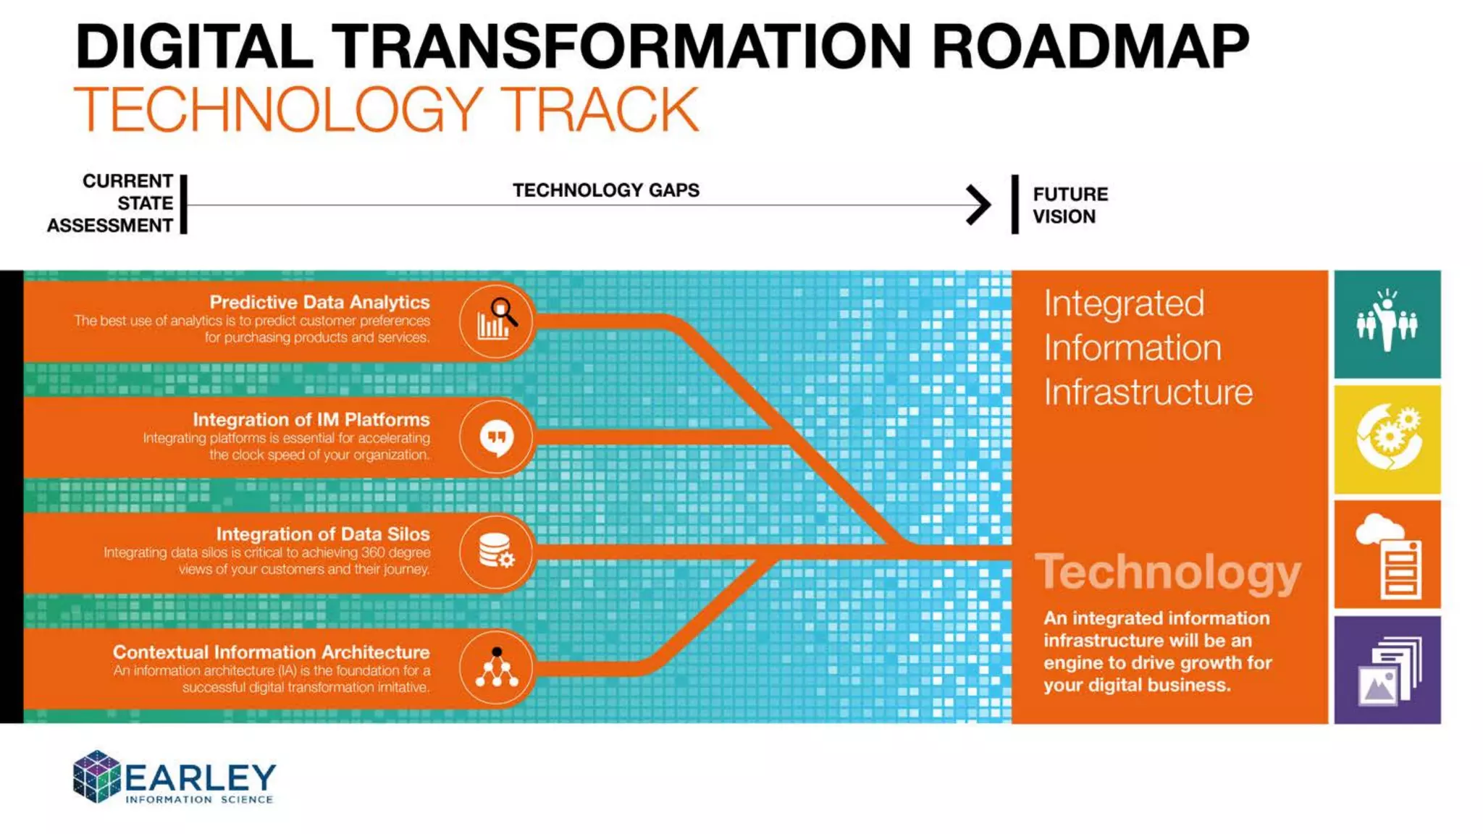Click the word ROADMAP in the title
coord(1090,47)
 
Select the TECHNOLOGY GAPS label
coord(606,190)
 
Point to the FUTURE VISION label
coord(1070,206)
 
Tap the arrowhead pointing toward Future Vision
coord(978,205)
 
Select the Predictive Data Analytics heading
coord(319,302)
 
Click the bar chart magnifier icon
coord(497,321)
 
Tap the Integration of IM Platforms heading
coord(311,419)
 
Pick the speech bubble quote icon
coord(497,437)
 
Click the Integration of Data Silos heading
coord(322,534)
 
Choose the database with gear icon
coord(497,552)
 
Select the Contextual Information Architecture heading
coord(271,652)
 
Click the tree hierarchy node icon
coord(497,667)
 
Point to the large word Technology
coord(1167,573)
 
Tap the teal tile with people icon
coord(1387,324)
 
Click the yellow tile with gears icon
coord(1387,439)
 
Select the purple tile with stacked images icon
coord(1387,670)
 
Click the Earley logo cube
coord(96,777)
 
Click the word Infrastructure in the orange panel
coord(1148,392)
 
